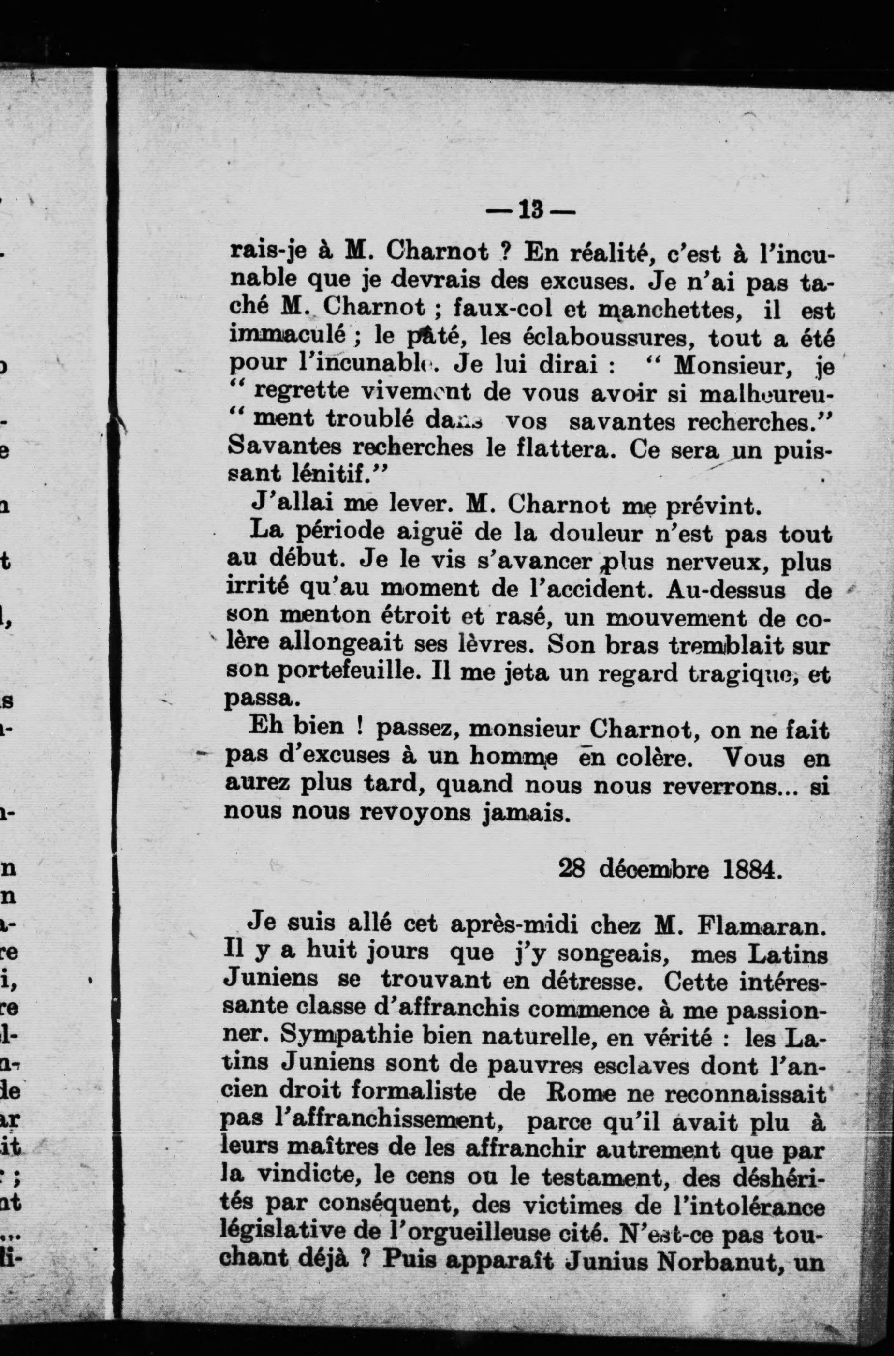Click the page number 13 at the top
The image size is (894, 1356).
pyautogui.click(x=531, y=210)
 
